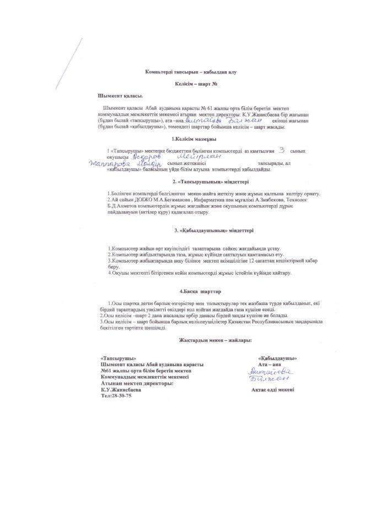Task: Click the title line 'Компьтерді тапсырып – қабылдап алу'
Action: [185, 72]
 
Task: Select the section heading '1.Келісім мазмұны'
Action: [185, 138]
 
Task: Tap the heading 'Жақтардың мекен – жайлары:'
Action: [185, 340]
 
